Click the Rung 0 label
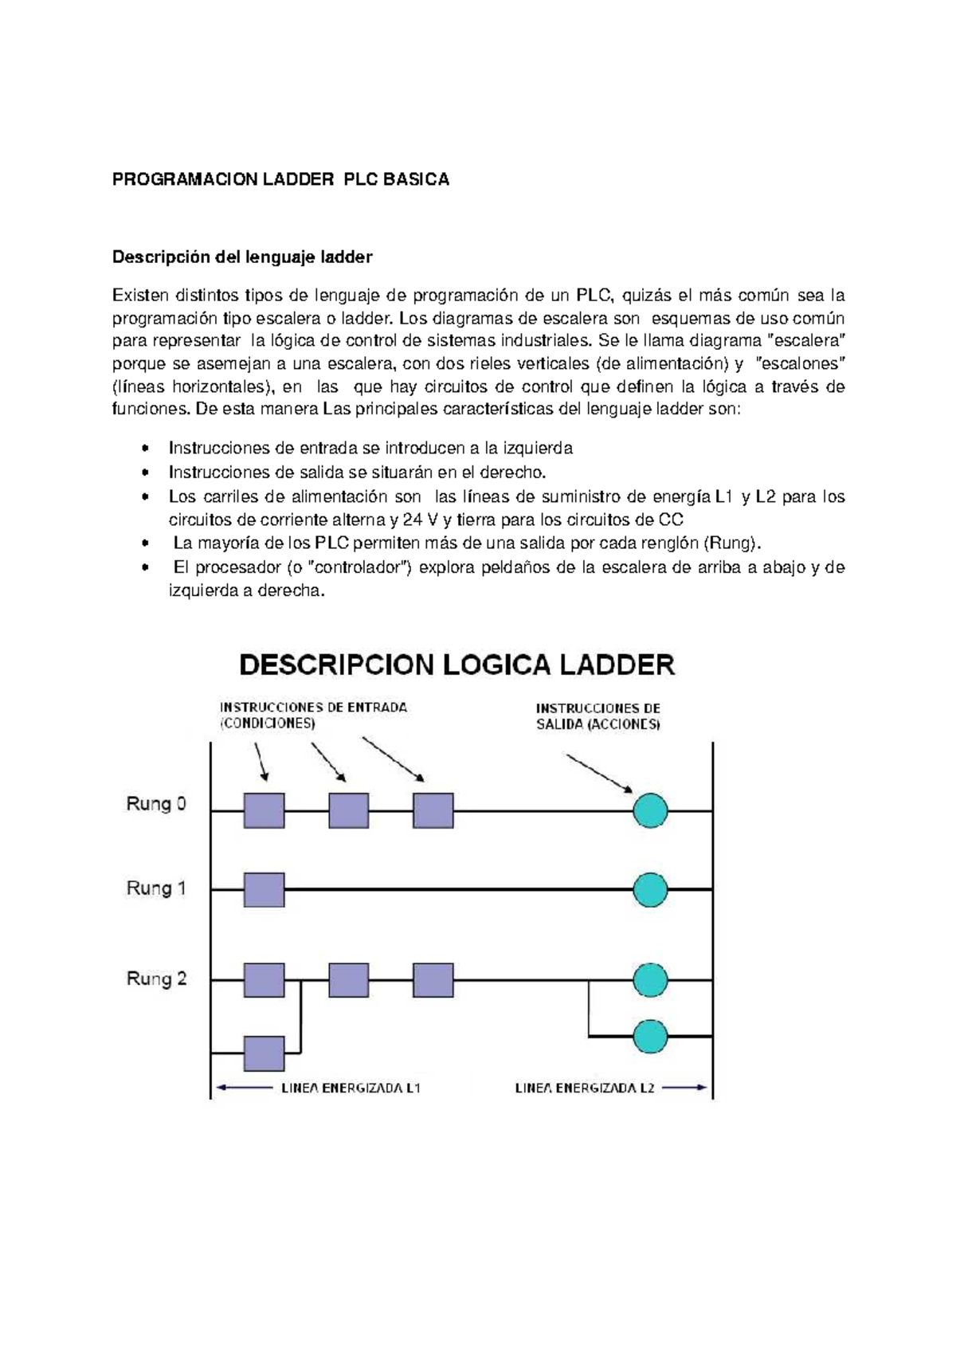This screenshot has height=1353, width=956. [x=156, y=804]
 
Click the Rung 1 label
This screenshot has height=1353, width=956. [x=156, y=888]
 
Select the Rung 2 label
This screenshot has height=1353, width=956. [x=156, y=978]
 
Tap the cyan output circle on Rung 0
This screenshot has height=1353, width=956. [x=650, y=811]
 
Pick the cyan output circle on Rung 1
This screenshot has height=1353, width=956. [x=650, y=889]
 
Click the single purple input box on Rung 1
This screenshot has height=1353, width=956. [x=264, y=889]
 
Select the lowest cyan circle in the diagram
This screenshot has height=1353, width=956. [x=650, y=1037]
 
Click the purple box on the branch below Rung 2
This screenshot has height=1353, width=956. [x=264, y=1053]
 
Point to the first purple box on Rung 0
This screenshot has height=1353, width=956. [x=264, y=811]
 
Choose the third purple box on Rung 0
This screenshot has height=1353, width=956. [x=433, y=811]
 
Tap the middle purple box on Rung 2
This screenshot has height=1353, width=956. [x=348, y=980]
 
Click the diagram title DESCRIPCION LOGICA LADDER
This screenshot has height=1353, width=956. [x=457, y=665]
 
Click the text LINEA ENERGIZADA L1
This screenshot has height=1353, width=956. [x=351, y=1088]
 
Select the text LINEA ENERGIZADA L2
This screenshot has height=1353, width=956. [x=585, y=1088]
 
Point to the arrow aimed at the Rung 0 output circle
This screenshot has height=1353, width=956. [x=599, y=773]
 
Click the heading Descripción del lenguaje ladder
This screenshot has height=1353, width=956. [x=242, y=257]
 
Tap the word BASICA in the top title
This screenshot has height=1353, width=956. [x=416, y=179]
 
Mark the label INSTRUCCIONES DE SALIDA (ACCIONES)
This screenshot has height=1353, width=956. [x=597, y=716]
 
